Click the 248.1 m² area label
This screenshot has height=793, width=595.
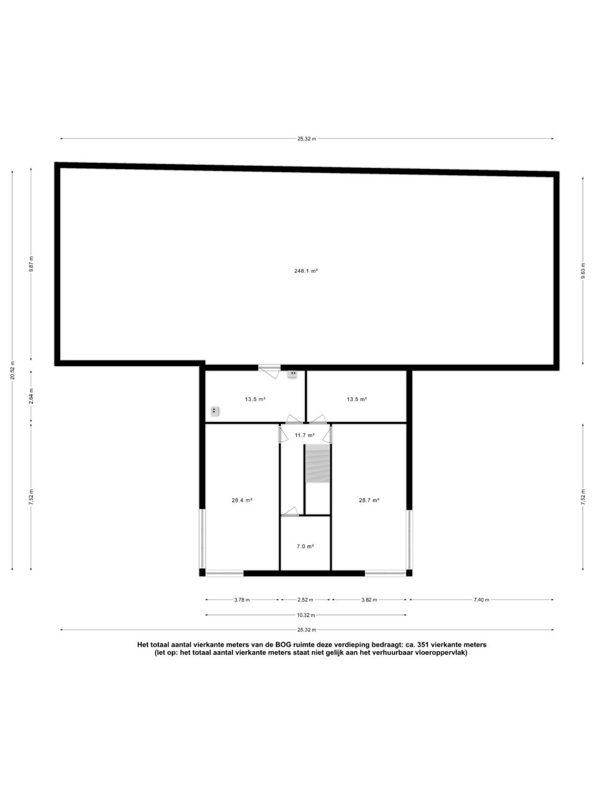pos(306,271)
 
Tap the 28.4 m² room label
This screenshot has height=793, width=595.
pos(242,501)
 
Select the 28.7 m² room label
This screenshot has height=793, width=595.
pos(369,501)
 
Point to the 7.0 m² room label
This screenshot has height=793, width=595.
pos(305,546)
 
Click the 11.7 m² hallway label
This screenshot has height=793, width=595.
pos(304,436)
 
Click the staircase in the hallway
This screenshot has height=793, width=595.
pos(317,464)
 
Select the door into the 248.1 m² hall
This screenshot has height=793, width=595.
pos(270,371)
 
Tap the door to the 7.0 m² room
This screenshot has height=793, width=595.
pos(289,512)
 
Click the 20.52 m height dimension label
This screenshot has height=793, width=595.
pos(12,370)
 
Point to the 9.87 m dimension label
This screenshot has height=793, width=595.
pos(31,264)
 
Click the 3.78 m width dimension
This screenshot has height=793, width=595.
pos(242,600)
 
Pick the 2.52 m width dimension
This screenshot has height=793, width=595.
pos(306,600)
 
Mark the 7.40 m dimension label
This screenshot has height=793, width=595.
pos(481,600)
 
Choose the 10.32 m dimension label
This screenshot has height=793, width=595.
pos(306,615)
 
